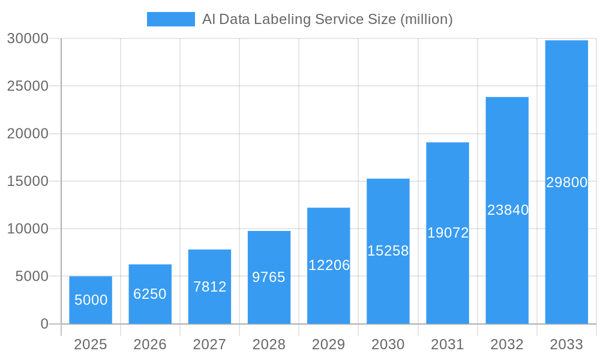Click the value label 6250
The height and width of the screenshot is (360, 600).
coord(150,294)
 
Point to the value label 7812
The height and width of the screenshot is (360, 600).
coord(209,287)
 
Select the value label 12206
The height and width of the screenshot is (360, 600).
coord(329,265)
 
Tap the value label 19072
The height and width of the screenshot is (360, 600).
coord(448,233)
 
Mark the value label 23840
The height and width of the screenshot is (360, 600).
coord(508,210)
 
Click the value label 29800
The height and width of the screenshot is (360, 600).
coord(566,182)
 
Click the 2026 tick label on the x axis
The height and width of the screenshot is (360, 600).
coord(150,344)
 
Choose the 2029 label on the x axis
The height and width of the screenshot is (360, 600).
coord(329,344)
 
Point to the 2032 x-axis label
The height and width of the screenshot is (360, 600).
coord(507,344)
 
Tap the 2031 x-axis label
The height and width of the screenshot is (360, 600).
coord(448,344)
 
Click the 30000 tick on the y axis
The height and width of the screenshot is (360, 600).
coord(28,38)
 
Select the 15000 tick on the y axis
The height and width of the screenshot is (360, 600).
coord(28,181)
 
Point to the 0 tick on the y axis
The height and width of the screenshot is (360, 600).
coord(44,324)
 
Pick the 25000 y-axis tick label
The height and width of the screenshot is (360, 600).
coord(28,86)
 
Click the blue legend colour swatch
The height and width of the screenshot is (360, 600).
coord(171,19)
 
